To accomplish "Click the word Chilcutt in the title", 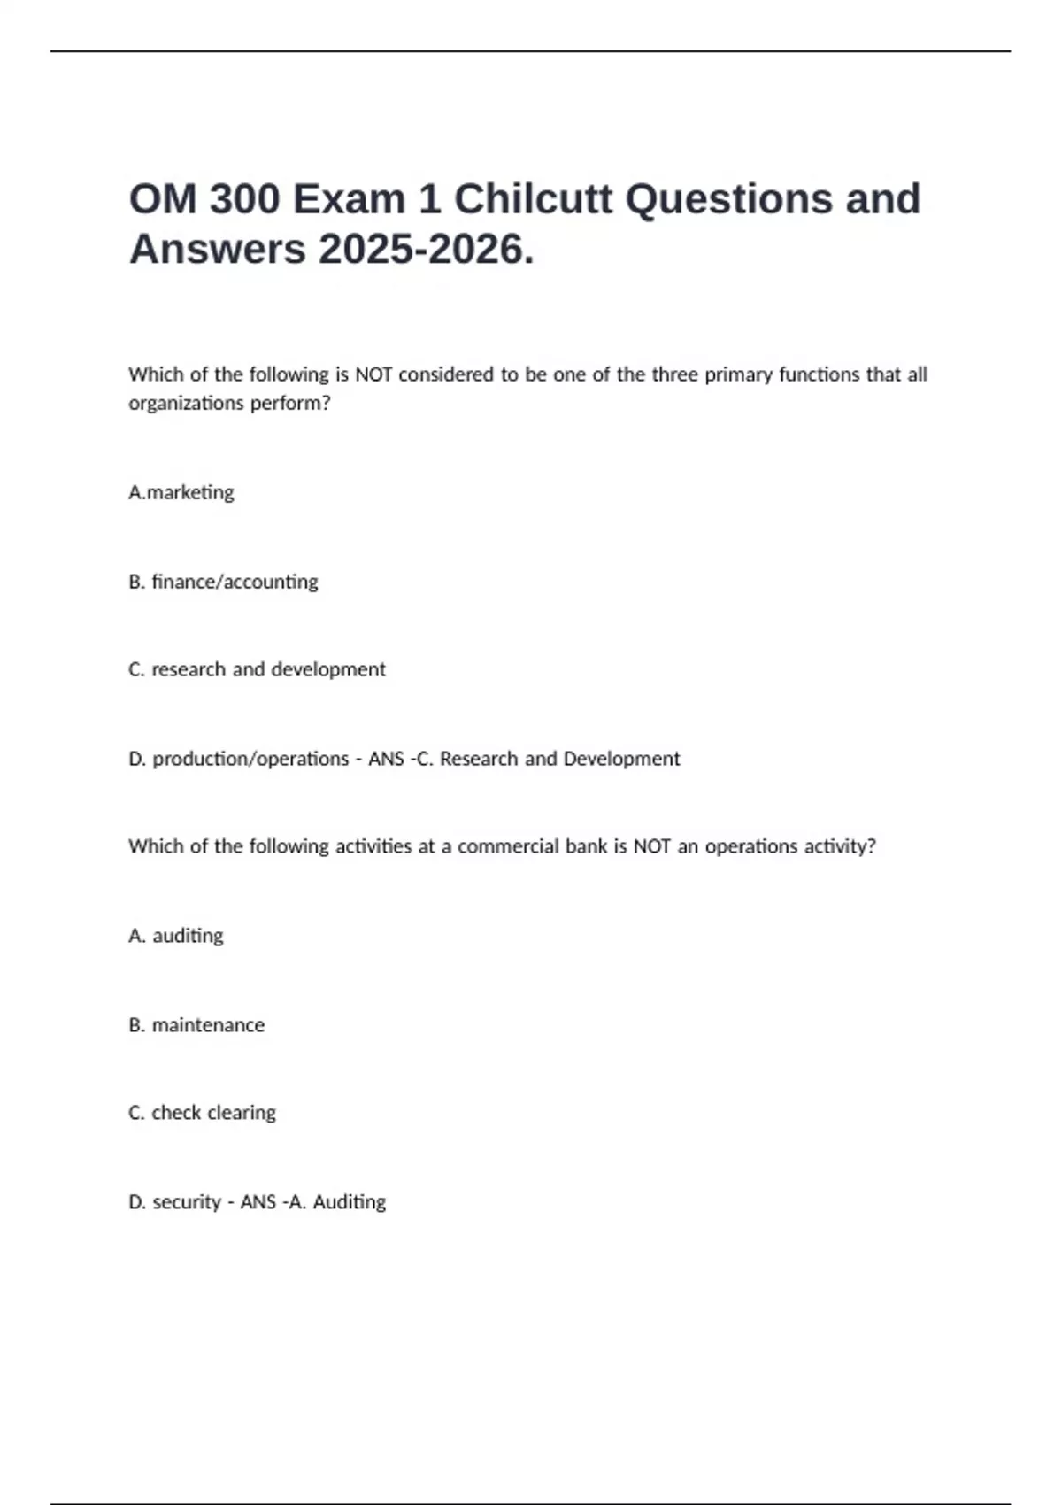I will tap(533, 199).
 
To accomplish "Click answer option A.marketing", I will tap(181, 492).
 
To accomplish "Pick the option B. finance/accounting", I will tap(223, 582).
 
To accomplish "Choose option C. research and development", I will tap(257, 669).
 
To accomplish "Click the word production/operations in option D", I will tap(250, 759).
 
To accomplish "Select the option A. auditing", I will tap(176, 936).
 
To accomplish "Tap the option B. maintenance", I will tap(196, 1025).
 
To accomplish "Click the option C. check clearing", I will tap(202, 1113).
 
